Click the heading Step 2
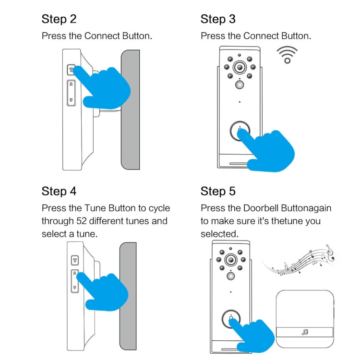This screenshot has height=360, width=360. [59, 19]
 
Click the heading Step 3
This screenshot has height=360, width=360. [218, 19]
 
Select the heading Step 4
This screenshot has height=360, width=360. [59, 191]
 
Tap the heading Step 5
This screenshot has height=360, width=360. [218, 192]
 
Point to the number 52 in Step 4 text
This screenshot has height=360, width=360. [82, 221]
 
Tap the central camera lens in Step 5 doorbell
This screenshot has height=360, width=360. [231, 260]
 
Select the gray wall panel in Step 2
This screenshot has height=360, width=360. [130, 109]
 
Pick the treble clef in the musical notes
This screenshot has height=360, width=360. [329, 252]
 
